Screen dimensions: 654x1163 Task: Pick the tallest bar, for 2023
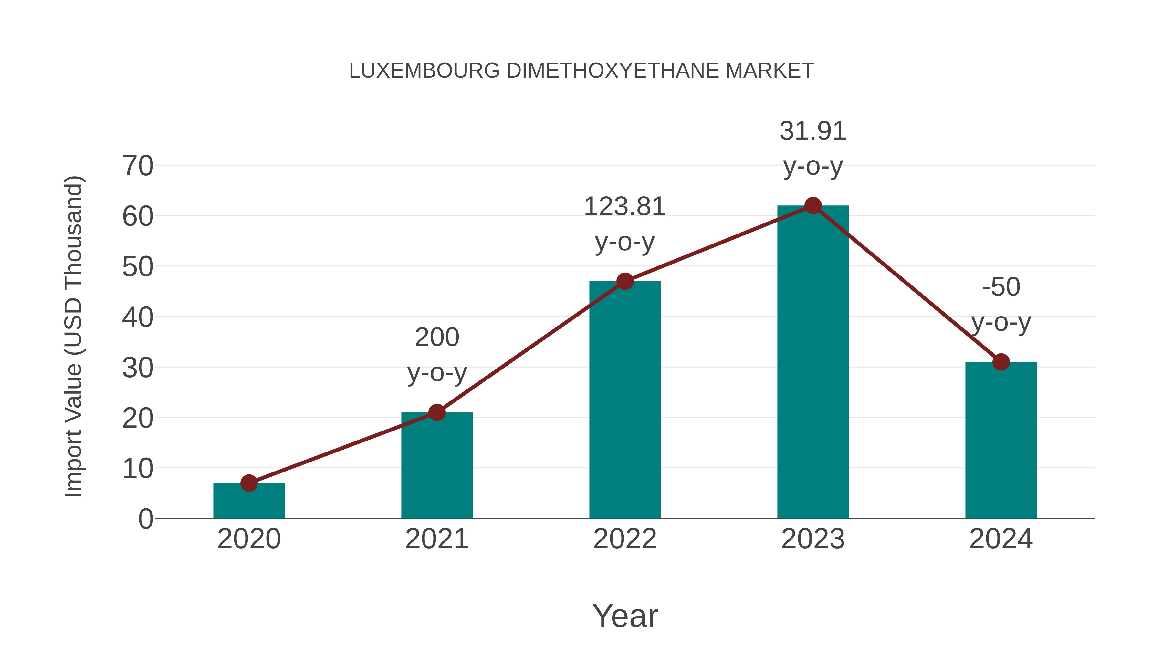point(813,361)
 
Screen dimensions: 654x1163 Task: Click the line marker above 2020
point(249,483)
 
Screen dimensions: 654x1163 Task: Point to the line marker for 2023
point(813,206)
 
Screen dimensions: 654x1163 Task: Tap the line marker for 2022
point(625,281)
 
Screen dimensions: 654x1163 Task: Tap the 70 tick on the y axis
point(138,166)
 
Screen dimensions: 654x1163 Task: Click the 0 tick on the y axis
point(145,519)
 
